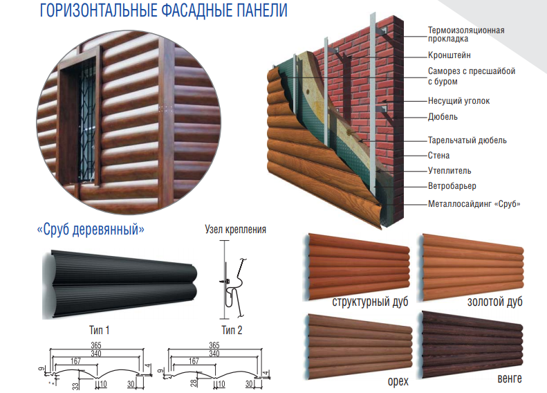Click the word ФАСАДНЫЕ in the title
click(x=197, y=10)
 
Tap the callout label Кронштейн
click(x=449, y=55)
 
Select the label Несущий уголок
click(x=458, y=101)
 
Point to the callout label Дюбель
click(x=443, y=116)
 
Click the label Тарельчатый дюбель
click(x=467, y=140)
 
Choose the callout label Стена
click(x=439, y=155)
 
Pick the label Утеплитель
click(x=449, y=171)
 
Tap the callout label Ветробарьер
click(x=452, y=186)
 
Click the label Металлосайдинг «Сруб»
click(x=474, y=203)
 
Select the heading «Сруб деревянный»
click(x=91, y=230)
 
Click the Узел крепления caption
click(x=236, y=229)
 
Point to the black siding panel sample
click(x=120, y=284)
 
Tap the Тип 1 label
click(x=100, y=330)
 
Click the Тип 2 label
click(x=232, y=330)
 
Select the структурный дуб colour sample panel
click(x=357, y=267)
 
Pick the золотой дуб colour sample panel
click(x=471, y=267)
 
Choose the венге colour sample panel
click(x=472, y=344)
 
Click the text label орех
click(x=398, y=381)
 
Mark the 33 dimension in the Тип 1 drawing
click(x=75, y=385)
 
